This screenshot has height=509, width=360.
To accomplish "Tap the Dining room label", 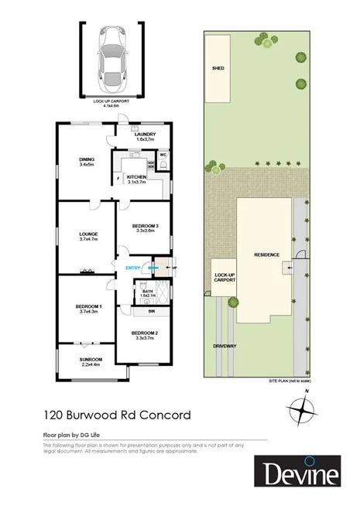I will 87,161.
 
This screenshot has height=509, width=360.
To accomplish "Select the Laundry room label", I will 145,135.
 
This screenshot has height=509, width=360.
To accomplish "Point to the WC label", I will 163,155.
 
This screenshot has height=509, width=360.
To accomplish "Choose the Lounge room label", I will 87,233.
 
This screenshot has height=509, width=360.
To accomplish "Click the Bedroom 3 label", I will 146,225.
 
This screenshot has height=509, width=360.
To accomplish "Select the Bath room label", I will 148,292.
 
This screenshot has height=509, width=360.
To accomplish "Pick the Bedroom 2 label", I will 146,333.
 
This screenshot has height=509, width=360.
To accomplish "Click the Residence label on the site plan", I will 267,255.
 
